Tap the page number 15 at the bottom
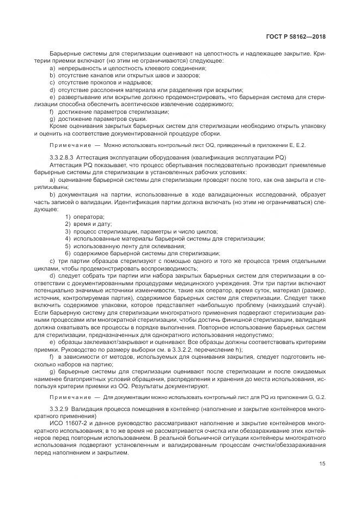323,464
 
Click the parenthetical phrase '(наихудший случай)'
298,307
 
